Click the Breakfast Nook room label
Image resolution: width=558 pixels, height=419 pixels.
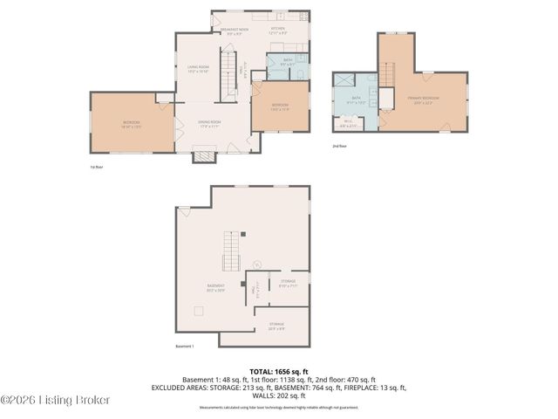point(234,31)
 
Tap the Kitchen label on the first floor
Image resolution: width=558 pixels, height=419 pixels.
point(277,31)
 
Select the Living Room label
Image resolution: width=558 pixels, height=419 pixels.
point(198,69)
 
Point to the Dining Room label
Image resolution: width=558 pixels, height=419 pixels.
point(209,123)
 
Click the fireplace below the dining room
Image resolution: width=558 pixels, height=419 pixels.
point(203,156)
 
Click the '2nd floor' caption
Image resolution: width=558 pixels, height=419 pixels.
point(338,146)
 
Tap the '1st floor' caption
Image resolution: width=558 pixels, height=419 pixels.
point(97,166)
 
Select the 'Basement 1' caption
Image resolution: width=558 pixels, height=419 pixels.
point(184,346)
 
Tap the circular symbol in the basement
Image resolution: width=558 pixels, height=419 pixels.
point(256,264)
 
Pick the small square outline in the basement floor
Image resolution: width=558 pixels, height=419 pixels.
point(199,312)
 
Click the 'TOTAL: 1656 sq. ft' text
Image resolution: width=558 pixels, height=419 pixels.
point(278,371)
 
